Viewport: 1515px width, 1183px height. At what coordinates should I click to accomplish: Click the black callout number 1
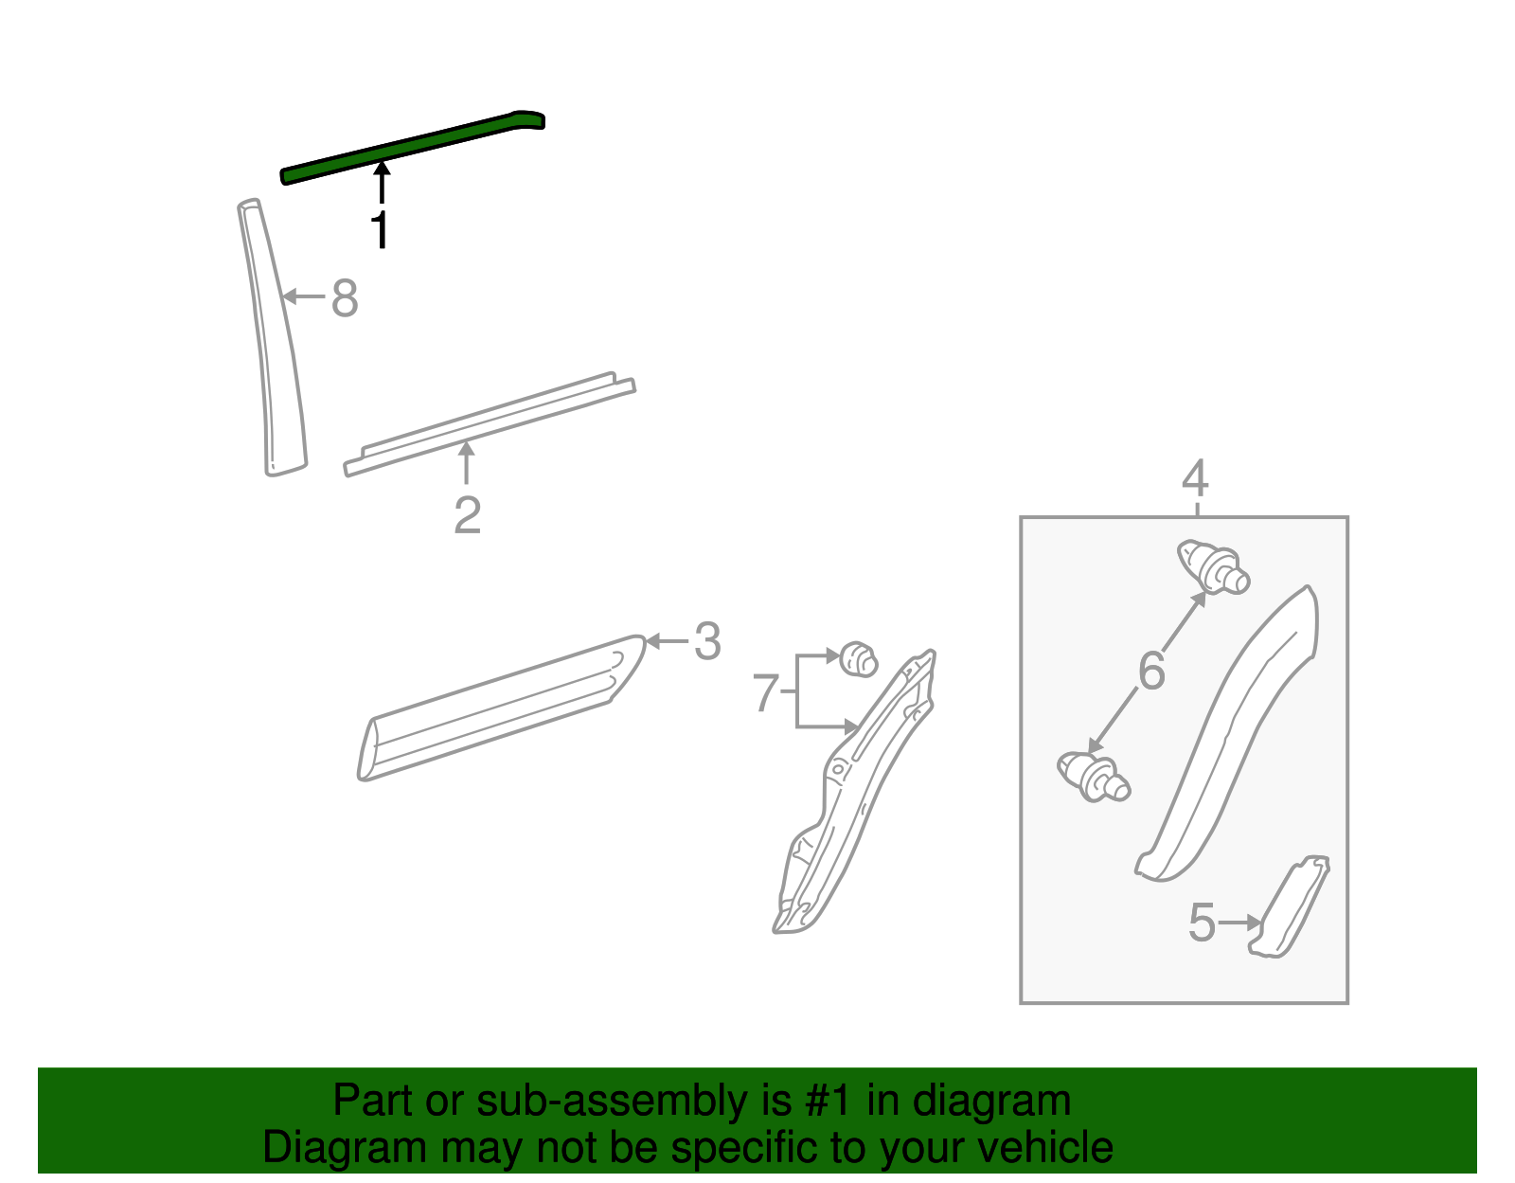pyautogui.click(x=380, y=229)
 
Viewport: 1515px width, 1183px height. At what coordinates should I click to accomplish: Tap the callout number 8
pyautogui.click(x=345, y=298)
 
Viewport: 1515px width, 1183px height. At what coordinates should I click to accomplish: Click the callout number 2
pyautogui.click(x=467, y=516)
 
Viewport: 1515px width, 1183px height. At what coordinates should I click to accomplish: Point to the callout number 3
pyautogui.click(x=707, y=641)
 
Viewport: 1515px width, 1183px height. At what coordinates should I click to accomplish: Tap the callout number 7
pyautogui.click(x=765, y=692)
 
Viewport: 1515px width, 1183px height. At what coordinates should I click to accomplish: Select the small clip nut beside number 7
pyautogui.click(x=858, y=658)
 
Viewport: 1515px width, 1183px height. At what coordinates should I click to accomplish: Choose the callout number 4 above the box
pyautogui.click(x=1195, y=478)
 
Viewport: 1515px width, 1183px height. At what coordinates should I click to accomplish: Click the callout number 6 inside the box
pyautogui.click(x=1151, y=672)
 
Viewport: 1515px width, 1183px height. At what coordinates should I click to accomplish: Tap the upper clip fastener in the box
pyautogui.click(x=1213, y=565)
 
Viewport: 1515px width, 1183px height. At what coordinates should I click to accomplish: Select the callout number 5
pyautogui.click(x=1202, y=923)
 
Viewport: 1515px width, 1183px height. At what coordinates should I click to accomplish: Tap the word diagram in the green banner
pyautogui.click(x=991, y=1102)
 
